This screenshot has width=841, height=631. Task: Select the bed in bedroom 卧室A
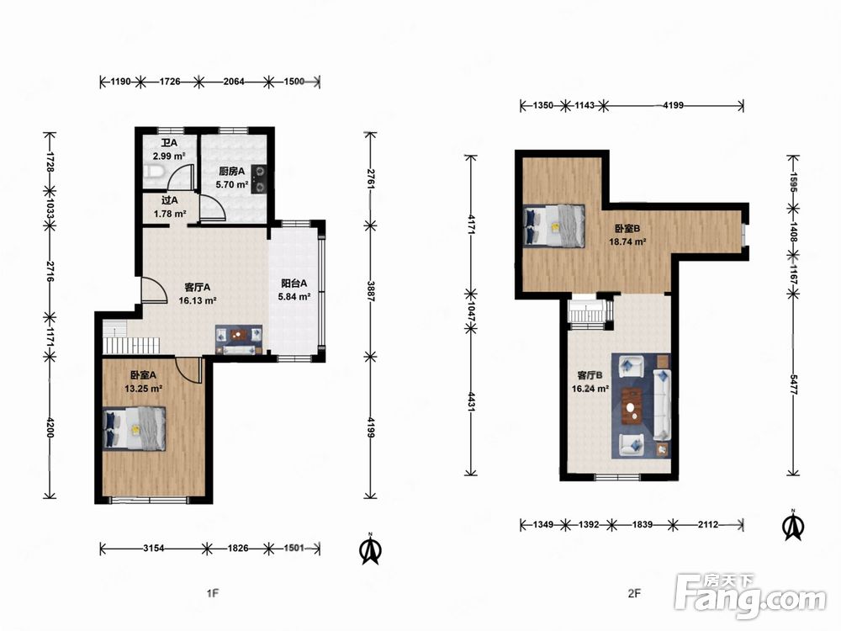[x=134, y=428]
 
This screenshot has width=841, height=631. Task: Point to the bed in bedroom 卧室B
[x=553, y=225]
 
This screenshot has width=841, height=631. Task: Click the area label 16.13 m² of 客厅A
[x=198, y=300]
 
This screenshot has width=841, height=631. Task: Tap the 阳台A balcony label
[x=294, y=284]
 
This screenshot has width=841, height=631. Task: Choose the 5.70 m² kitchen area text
[x=232, y=184]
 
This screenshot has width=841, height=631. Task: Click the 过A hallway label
[x=170, y=200]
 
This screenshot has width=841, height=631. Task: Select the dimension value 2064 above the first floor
[x=234, y=82]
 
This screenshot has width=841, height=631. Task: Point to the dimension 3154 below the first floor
[x=153, y=548]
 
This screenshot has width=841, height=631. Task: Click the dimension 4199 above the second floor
[x=673, y=105]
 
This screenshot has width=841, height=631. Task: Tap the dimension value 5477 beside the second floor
[x=793, y=384]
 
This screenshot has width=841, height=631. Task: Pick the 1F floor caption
[x=213, y=593]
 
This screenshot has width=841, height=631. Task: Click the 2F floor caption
[x=634, y=593]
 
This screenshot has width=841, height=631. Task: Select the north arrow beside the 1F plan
[x=369, y=549]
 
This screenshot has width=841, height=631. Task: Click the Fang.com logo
[x=751, y=595]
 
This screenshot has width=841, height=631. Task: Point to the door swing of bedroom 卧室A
[x=188, y=370]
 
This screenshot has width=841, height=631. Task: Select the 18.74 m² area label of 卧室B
[x=627, y=241]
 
